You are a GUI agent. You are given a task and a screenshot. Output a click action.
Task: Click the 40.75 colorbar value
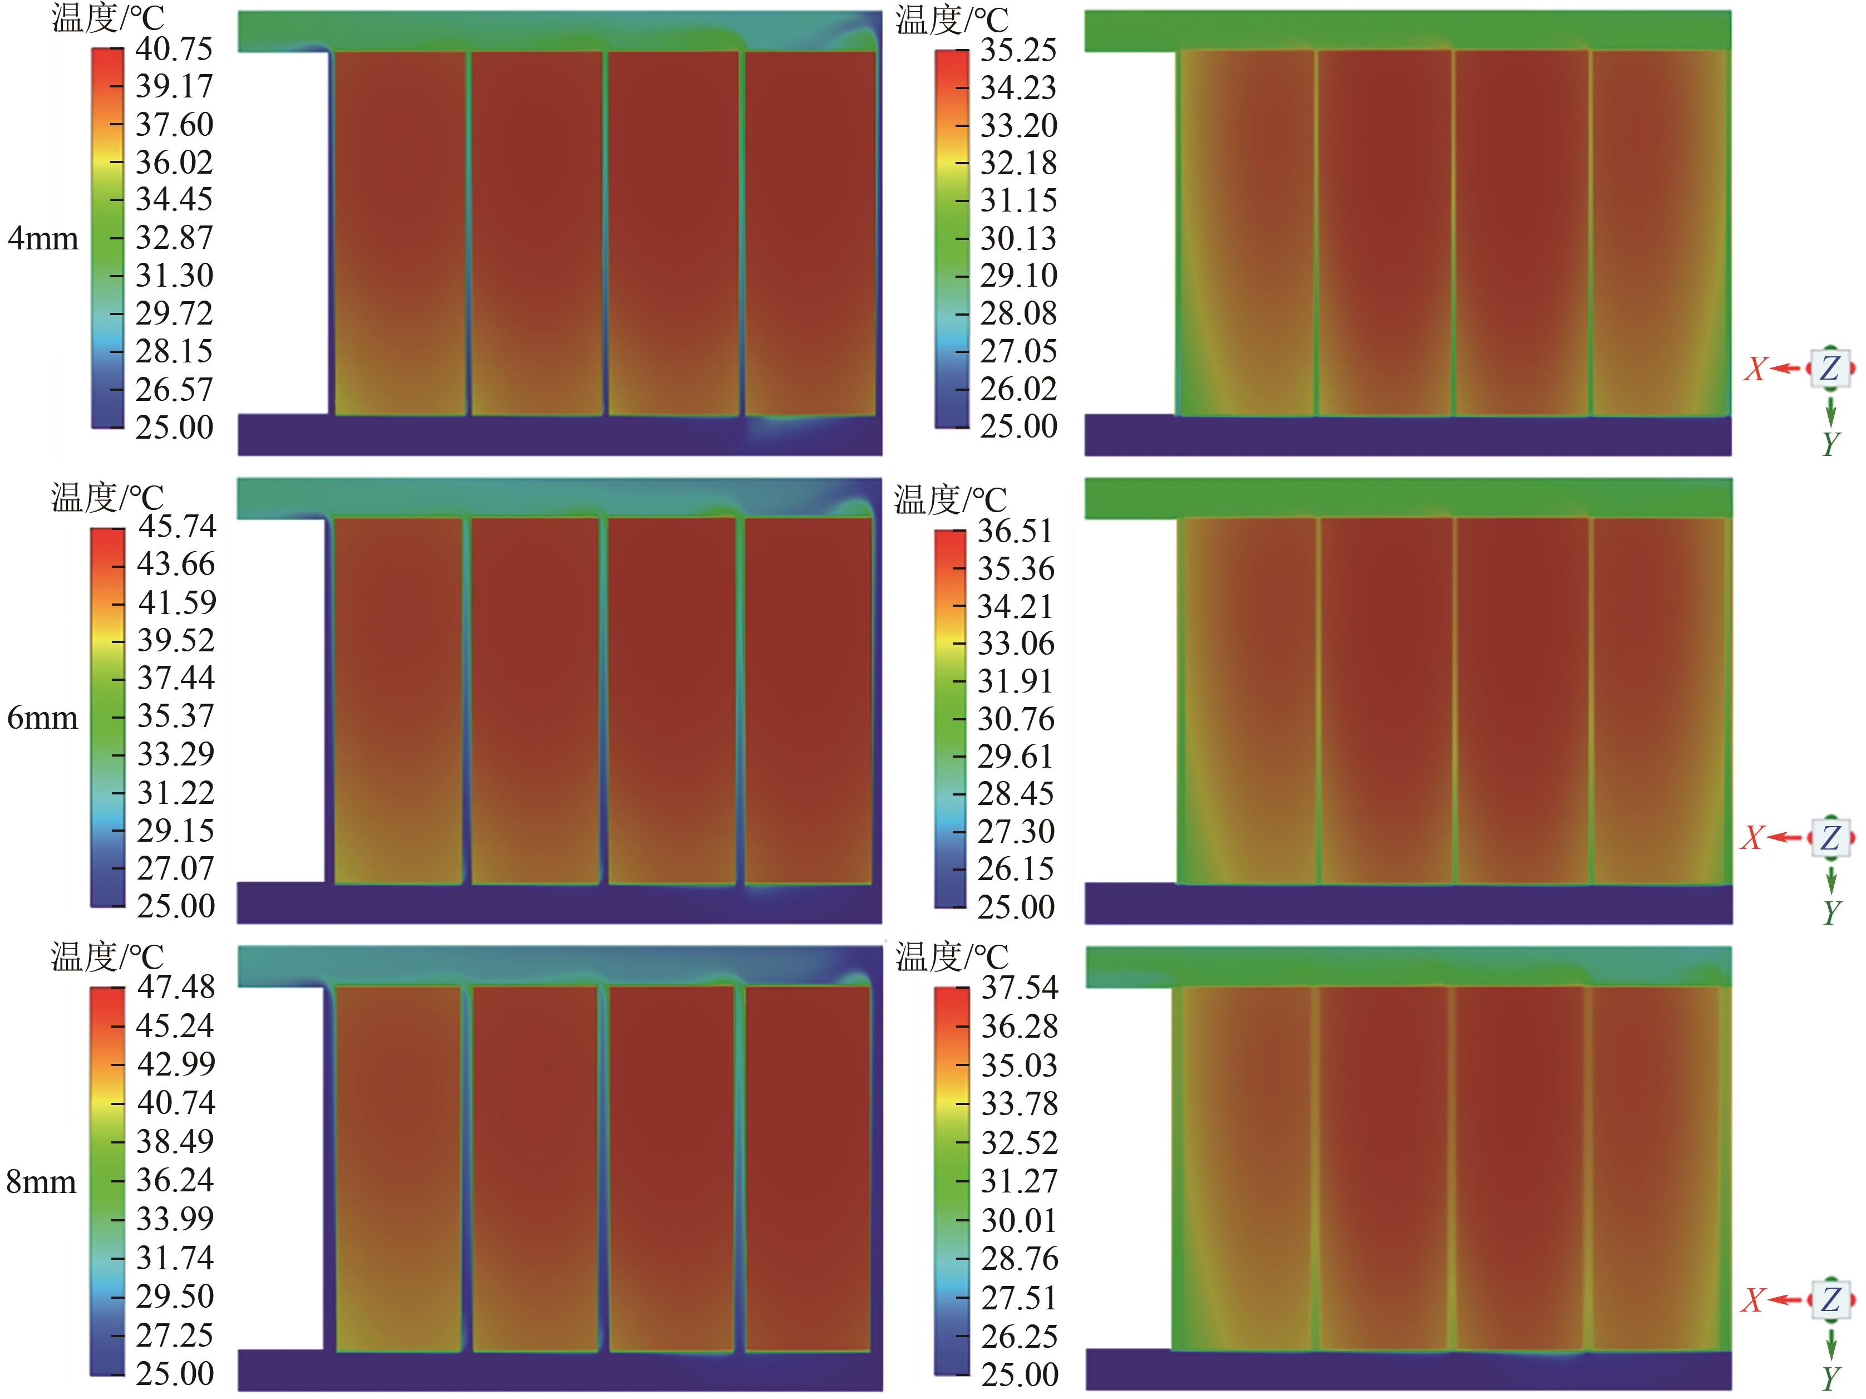[x=174, y=49]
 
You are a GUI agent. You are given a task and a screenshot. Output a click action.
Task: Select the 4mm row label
[x=43, y=239]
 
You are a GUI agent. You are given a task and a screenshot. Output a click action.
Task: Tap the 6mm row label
[x=42, y=718]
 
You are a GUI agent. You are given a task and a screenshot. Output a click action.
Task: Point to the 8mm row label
[x=41, y=1182]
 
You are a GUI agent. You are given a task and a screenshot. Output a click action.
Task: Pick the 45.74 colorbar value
[x=177, y=527]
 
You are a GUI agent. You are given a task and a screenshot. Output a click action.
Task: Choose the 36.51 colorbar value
[x=1016, y=532]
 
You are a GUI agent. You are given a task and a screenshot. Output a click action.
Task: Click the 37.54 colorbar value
[x=1019, y=987]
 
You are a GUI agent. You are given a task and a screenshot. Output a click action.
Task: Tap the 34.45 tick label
[x=174, y=200]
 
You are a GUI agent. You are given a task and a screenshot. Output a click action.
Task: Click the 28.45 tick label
[x=1016, y=794]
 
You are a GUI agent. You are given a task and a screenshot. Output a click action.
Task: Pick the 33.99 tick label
[x=175, y=1219]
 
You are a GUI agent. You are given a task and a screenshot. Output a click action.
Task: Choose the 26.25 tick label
[x=1019, y=1337]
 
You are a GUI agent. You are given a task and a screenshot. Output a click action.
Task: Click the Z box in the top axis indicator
[x=1829, y=369]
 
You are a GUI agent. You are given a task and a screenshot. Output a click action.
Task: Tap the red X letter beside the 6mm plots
[x=1754, y=838]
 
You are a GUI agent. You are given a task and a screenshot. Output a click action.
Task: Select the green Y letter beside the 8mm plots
[x=1830, y=1378]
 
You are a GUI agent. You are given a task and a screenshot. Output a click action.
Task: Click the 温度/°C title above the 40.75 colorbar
[x=108, y=18]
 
